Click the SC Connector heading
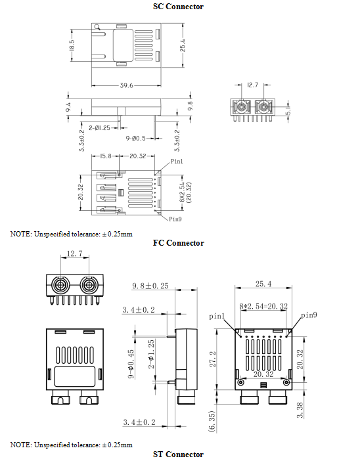178,7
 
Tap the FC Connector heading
179,243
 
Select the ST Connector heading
178,454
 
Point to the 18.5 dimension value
72,45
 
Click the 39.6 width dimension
126,85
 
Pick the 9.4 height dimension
68,107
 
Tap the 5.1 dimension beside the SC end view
288,110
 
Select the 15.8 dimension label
105,156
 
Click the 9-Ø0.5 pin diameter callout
135,138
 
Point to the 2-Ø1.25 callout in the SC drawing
99,128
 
